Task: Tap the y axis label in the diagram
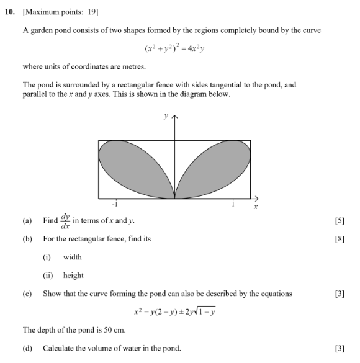(x=165, y=115)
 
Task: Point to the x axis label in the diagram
(x=255, y=207)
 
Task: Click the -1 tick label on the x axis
(x=115, y=204)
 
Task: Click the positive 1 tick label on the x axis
(x=233, y=204)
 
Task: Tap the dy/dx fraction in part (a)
(x=65, y=221)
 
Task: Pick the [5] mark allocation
(x=339, y=221)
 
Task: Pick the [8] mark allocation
(x=339, y=239)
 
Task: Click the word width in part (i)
(x=72, y=257)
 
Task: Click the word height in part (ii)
(x=73, y=276)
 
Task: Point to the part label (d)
(x=27, y=348)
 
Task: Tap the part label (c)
(x=27, y=294)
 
